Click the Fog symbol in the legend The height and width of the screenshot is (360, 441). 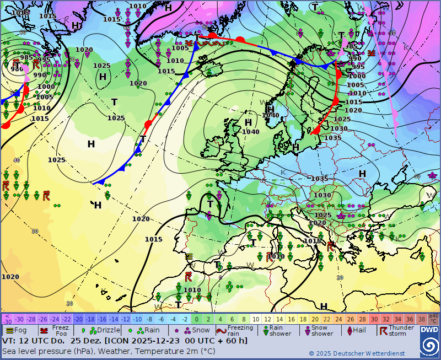pos(9,330)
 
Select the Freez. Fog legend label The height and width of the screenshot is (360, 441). pos(61,330)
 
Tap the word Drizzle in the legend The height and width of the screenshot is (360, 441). pos(108,330)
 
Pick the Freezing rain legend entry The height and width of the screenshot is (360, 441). pos(240,330)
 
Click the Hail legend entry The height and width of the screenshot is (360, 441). pos(359,330)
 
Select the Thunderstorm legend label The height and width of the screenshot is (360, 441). pos(401,330)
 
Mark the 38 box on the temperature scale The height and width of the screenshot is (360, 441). pos(421,319)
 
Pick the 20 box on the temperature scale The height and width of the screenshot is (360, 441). pos(315,319)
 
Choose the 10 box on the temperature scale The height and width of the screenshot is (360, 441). pos(256,319)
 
